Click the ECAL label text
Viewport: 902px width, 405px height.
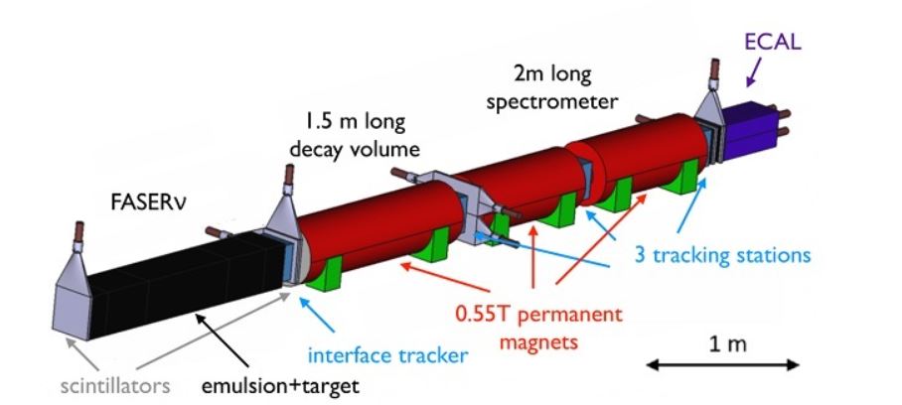[772, 42]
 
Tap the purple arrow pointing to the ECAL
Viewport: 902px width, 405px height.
[755, 71]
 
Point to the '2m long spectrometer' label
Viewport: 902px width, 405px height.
[551, 88]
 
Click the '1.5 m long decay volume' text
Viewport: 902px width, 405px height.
[355, 136]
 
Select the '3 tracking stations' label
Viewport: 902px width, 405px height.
[722, 254]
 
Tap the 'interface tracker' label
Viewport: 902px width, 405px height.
[387, 355]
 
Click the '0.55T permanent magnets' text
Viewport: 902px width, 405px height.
[538, 329]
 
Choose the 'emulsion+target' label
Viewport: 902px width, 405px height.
[280, 385]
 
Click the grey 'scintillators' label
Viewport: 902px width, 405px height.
[115, 385]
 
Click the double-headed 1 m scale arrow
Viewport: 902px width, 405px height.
[722, 364]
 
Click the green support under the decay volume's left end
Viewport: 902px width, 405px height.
[324, 275]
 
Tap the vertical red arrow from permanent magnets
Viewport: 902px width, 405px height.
[533, 256]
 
